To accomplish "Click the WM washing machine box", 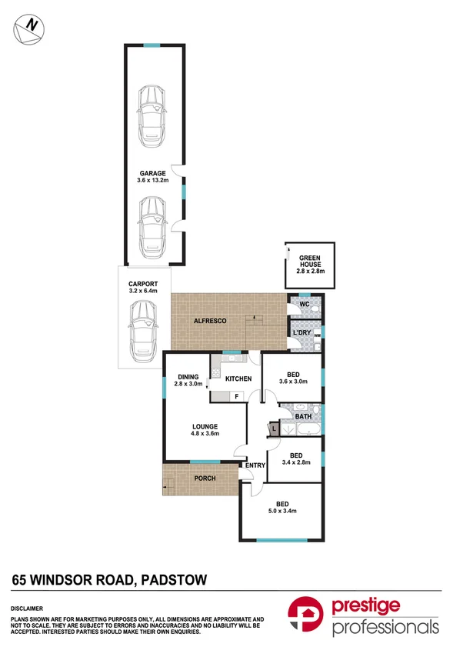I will tap(317, 335).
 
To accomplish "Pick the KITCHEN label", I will tap(238, 379).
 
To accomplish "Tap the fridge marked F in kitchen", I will tap(236, 396).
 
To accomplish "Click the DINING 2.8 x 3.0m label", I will tap(188, 379).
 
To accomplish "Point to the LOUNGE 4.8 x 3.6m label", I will tap(205, 430).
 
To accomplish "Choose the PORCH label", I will tap(204, 479).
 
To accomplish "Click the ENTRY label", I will tap(255, 465).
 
